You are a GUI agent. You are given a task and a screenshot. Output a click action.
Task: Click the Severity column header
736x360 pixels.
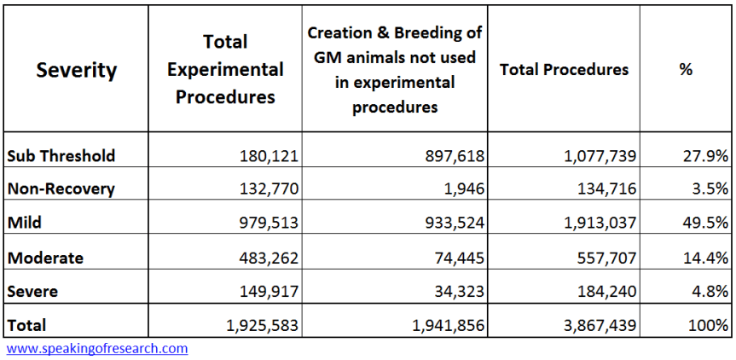click(76, 70)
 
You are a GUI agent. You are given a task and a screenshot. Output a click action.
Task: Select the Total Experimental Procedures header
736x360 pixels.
click(225, 69)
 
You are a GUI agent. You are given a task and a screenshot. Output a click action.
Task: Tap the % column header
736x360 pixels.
click(686, 70)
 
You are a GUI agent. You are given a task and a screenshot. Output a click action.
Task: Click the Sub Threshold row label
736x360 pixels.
click(61, 155)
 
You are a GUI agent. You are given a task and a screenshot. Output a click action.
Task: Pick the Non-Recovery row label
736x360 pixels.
click(61, 189)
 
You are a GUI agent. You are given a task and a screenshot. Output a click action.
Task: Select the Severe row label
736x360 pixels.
click(32, 291)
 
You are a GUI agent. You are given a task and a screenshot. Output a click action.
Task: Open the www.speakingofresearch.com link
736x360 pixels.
click(97, 349)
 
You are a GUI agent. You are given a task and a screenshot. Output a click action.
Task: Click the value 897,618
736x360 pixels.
click(453, 155)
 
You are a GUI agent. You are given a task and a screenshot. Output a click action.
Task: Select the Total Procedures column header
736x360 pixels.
click(564, 70)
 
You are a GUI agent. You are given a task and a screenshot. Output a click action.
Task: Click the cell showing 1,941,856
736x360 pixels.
click(443, 325)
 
